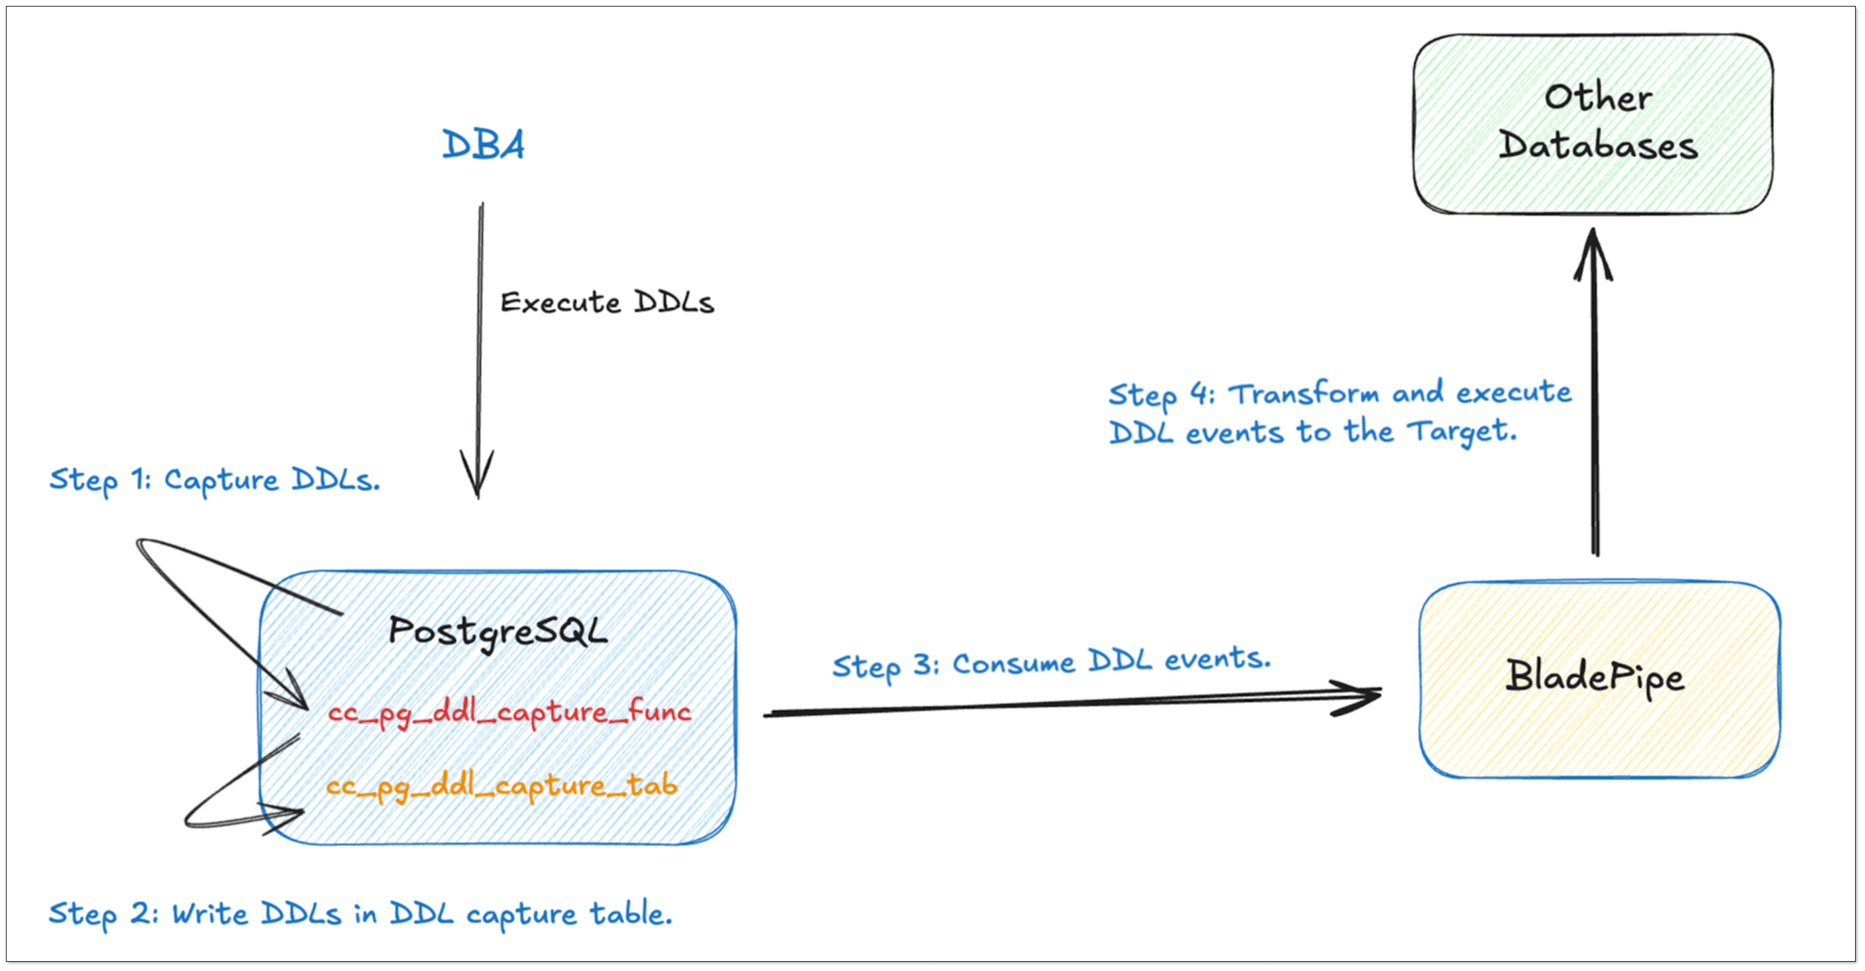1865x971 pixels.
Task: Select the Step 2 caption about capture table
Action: click(x=360, y=914)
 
